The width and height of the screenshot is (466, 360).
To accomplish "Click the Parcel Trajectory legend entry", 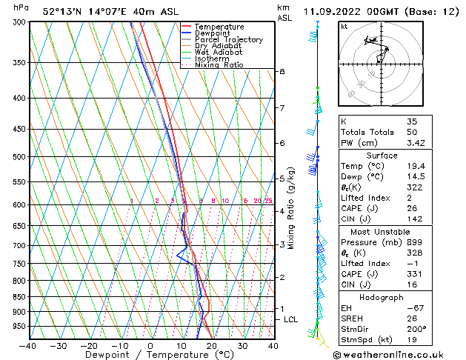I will point(229,39).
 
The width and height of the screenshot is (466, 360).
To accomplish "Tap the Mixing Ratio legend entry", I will point(219,65).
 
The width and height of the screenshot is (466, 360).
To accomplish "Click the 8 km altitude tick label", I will point(282,72).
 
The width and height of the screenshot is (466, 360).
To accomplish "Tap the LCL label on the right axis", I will point(290,319).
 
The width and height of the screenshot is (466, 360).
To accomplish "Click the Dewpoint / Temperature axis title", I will point(150,355).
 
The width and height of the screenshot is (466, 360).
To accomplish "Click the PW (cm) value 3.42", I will point(416,143).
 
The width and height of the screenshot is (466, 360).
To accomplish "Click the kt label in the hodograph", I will point(344,27).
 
